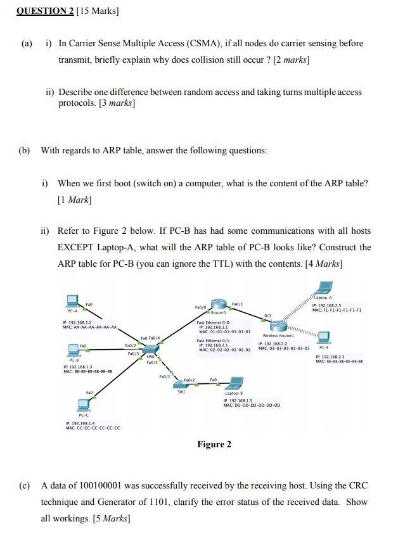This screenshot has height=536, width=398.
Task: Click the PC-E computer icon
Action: pyautogui.click(x=324, y=336)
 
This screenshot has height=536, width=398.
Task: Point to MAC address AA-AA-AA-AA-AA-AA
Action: pyautogui.click(x=94, y=328)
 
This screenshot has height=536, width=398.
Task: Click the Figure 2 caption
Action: pyautogui.click(x=214, y=444)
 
